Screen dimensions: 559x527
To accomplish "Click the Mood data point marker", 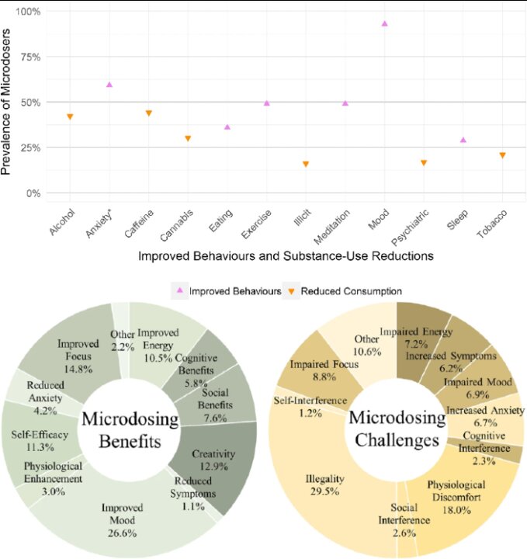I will (x=384, y=24).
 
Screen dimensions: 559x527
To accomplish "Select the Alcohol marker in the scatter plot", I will (x=70, y=116).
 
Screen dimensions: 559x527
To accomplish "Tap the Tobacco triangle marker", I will (x=502, y=155).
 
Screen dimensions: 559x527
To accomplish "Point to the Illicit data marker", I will (x=306, y=164).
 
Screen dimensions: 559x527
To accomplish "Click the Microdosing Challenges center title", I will (x=397, y=429).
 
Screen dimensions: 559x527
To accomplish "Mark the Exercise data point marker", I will (x=266, y=102).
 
